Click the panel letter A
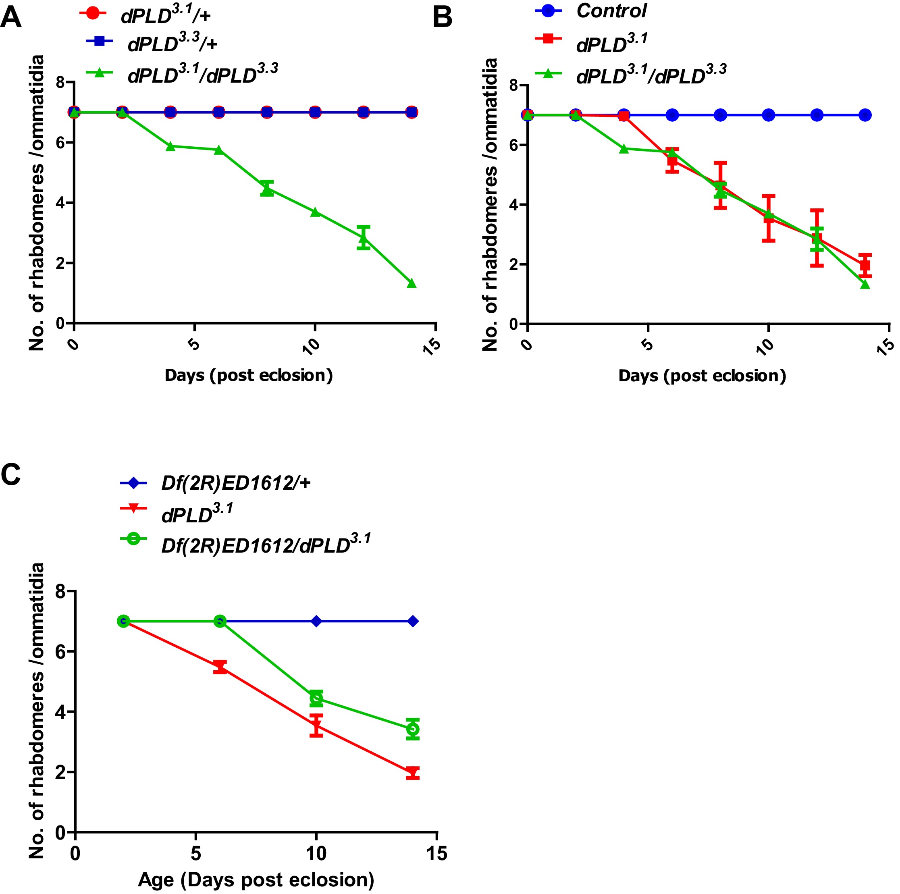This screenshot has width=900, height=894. pos(11,18)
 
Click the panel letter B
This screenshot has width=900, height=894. pos(443,18)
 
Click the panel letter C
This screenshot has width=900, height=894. pos(11,475)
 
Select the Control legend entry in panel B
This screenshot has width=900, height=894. pos(611,11)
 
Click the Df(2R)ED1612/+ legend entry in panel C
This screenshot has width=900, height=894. pos(236,483)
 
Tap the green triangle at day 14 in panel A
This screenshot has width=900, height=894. pos(412,283)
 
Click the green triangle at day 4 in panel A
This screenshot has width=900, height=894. pos(170,146)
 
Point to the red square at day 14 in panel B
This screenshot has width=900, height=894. pos(865,266)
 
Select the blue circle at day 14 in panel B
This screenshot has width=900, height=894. pos(865,115)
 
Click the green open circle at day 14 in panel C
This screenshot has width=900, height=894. pos(412,729)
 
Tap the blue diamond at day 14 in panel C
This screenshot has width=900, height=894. pos(412,621)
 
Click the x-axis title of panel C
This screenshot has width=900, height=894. pos(256,879)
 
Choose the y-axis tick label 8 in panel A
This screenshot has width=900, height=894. pos(60,83)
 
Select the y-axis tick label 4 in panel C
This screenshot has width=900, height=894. pos(60,712)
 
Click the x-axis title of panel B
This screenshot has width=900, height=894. pos(702,376)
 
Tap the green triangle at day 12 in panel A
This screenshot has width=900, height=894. pos(364,239)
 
